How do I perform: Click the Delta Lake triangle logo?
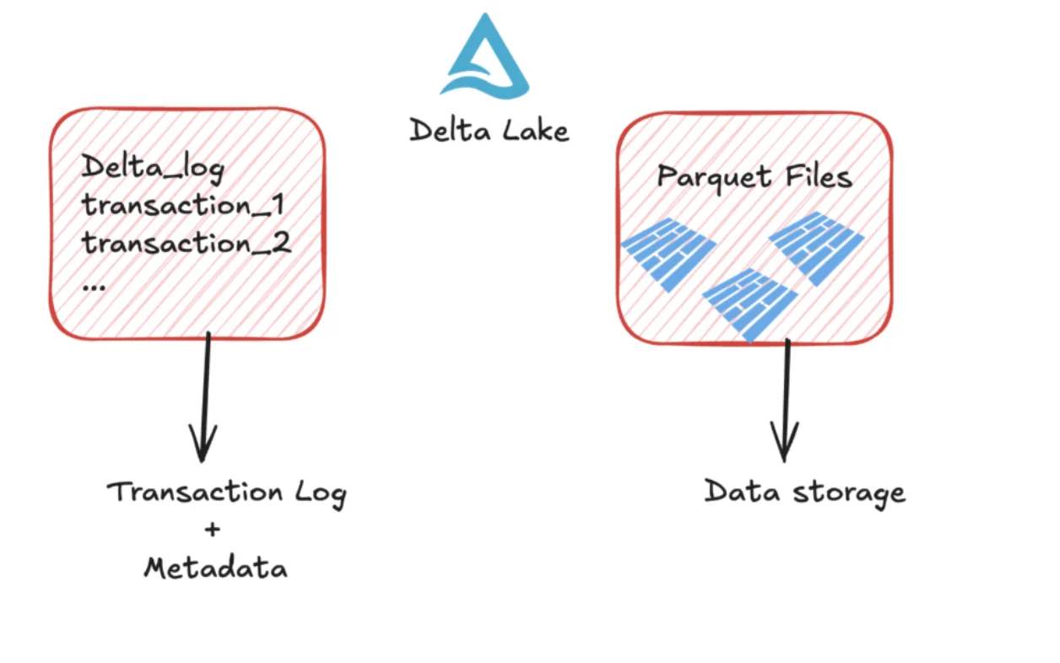tap(484, 57)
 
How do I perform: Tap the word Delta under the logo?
tap(444, 130)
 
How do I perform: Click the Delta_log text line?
tap(153, 168)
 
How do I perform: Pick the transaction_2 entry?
tap(187, 245)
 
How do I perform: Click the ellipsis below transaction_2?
tap(94, 286)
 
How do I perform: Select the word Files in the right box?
tap(815, 176)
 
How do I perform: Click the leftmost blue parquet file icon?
tap(668, 252)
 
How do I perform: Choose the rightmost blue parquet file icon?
tap(817, 246)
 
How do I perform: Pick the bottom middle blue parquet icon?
tap(750, 303)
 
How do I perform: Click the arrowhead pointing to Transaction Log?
tap(202, 444)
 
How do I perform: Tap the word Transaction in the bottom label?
tap(195, 491)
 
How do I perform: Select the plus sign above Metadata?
tap(212, 530)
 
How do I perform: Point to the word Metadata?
tap(215, 568)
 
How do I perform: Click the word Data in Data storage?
tap(731, 491)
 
